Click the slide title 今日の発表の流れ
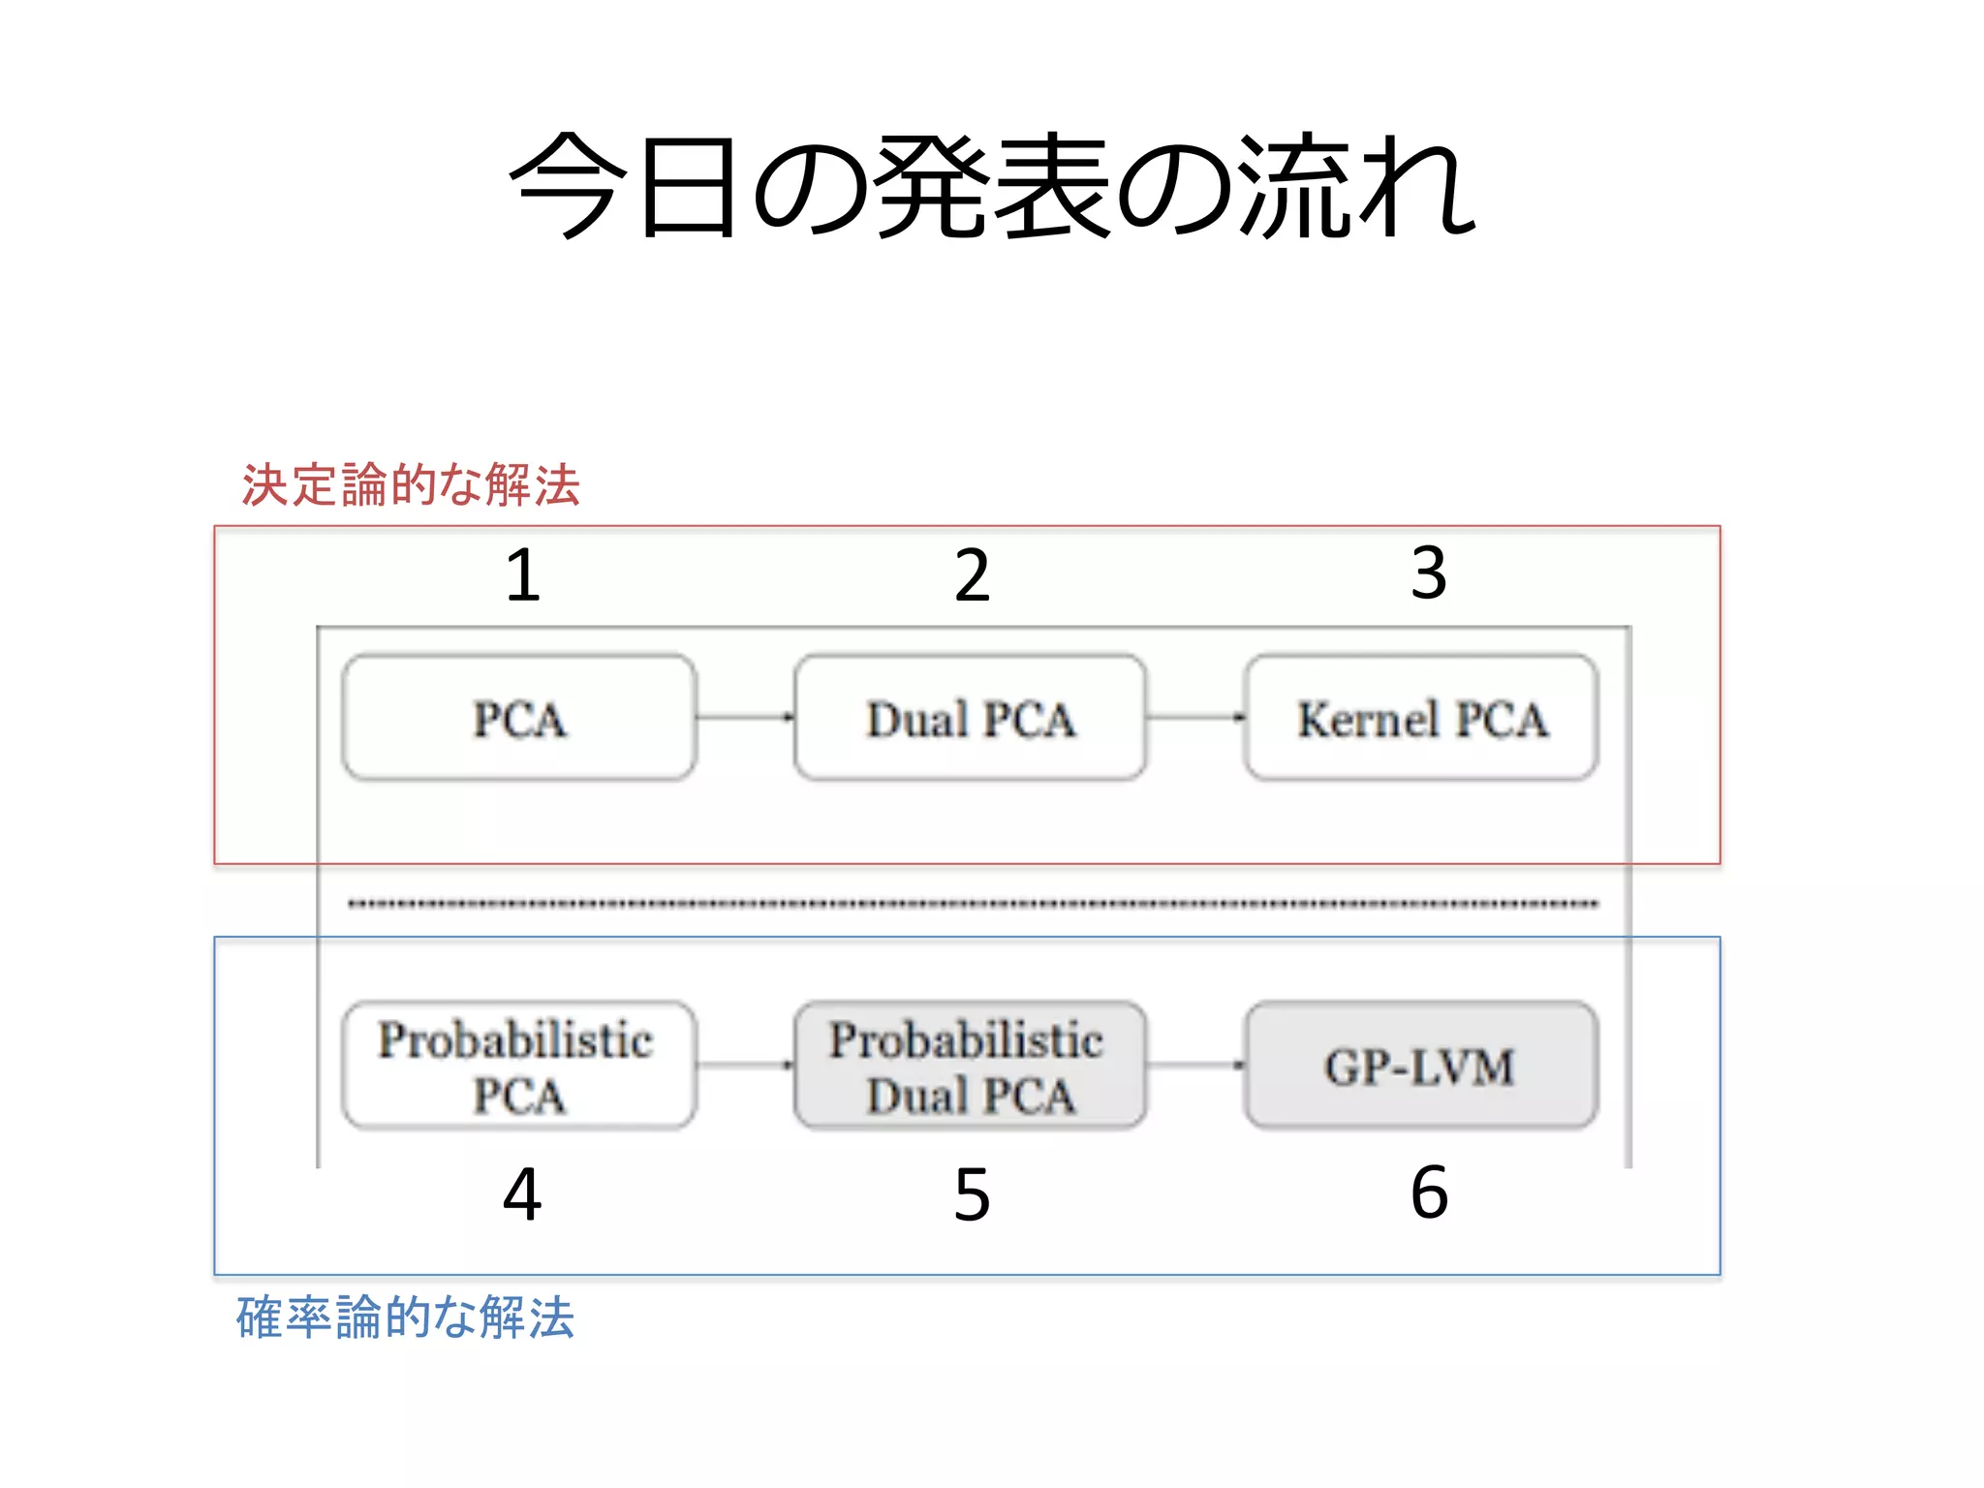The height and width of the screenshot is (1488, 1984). pyautogui.click(x=992, y=186)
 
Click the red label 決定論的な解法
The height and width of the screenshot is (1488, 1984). pyautogui.click(x=410, y=484)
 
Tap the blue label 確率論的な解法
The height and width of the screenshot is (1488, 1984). pyautogui.click(x=405, y=1317)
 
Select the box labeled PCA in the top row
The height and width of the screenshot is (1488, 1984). pyautogui.click(x=519, y=718)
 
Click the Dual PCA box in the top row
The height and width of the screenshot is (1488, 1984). pyautogui.click(x=970, y=718)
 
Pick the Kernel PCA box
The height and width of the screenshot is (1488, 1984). pyautogui.click(x=1421, y=718)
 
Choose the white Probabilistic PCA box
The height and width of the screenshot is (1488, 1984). pyautogui.click(x=519, y=1066)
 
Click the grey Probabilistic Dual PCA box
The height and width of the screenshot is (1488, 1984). pyautogui.click(x=970, y=1066)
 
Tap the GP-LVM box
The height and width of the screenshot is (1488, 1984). pyautogui.click(x=1421, y=1066)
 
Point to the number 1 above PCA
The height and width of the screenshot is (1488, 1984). pyautogui.click(x=522, y=575)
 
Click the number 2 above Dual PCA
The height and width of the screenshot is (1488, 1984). pyautogui.click(x=972, y=575)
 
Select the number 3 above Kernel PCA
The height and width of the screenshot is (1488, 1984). pyautogui.click(x=1429, y=573)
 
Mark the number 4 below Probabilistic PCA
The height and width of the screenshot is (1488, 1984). pyautogui.click(x=522, y=1194)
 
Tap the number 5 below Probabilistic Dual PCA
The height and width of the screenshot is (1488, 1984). pyautogui.click(x=972, y=1194)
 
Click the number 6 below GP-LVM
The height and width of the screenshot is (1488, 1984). pyautogui.click(x=1429, y=1193)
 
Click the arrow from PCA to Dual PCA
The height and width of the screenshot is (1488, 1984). pyautogui.click(x=745, y=717)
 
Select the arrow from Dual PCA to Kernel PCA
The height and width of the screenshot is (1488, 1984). pyautogui.click(x=1195, y=717)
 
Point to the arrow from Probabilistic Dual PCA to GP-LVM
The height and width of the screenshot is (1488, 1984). pyautogui.click(x=1195, y=1065)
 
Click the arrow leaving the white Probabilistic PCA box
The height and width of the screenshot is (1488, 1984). pyautogui.click(x=745, y=1065)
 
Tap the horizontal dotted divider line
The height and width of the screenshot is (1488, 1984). pyautogui.click(x=973, y=904)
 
